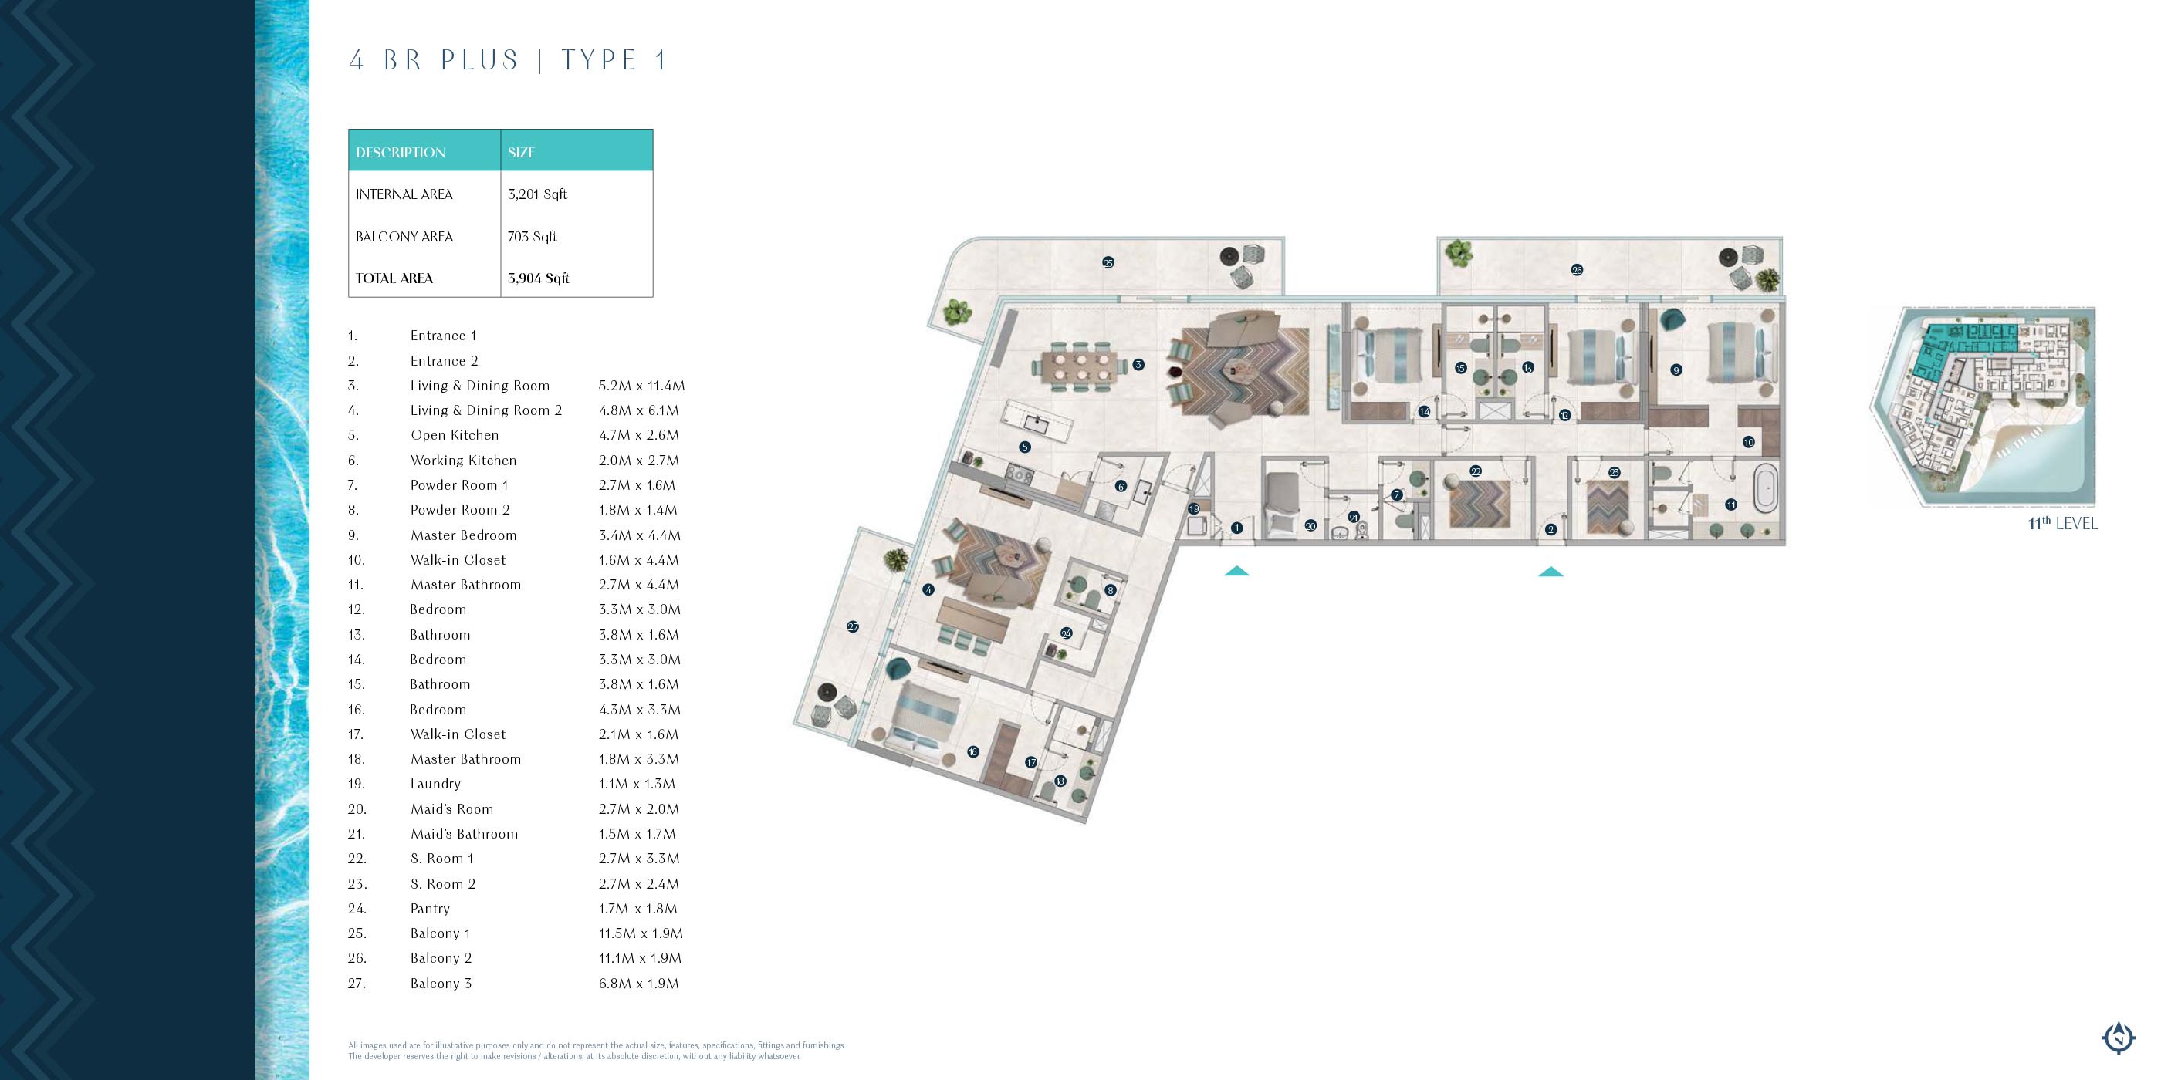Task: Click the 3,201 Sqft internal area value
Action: tap(537, 194)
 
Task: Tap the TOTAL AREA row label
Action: tap(394, 278)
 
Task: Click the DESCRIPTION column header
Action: tap(400, 153)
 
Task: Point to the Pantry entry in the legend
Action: tap(430, 909)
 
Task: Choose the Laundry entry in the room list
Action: tap(435, 784)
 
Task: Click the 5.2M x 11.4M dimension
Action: tap(642, 386)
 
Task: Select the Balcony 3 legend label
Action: tap(441, 984)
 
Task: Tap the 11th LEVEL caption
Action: tap(2063, 523)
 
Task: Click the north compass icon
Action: tap(2119, 1038)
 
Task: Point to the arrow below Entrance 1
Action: tap(1236, 571)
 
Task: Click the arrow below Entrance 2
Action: tap(1551, 572)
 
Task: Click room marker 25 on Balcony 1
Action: tap(1108, 262)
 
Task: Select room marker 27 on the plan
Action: tap(853, 626)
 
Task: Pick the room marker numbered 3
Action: tap(1138, 365)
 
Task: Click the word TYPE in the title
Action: tap(599, 60)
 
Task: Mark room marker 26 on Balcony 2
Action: tap(1577, 270)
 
